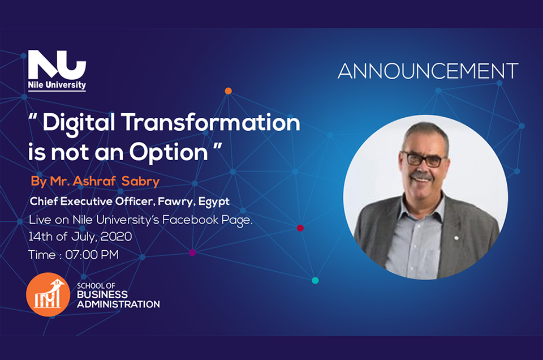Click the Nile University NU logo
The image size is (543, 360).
(x=57, y=70)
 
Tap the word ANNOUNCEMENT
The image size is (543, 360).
(x=428, y=71)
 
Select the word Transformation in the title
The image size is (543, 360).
(x=211, y=123)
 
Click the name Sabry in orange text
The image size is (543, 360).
(x=140, y=181)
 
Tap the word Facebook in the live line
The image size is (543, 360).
(x=191, y=220)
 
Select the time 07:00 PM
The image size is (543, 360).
(x=92, y=255)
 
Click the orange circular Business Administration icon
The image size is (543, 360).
(x=48, y=294)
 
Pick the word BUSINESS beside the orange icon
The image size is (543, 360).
(x=102, y=294)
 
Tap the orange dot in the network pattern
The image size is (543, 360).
(x=228, y=91)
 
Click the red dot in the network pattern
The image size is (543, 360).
(x=300, y=228)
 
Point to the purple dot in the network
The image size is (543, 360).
(x=192, y=252)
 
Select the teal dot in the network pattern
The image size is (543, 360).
(x=315, y=280)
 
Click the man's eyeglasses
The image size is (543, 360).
(x=424, y=159)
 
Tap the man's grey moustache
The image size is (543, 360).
(x=422, y=176)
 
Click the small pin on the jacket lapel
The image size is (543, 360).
(x=456, y=238)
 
